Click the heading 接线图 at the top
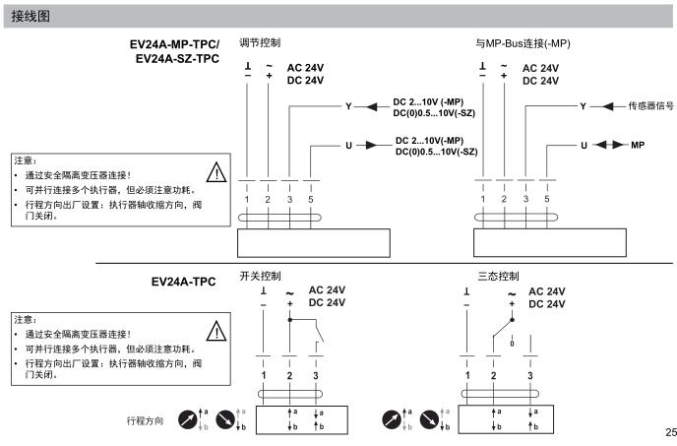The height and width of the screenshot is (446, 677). click(31, 17)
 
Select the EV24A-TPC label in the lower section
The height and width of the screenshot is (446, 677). click(183, 282)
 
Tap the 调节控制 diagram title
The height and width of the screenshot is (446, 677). click(260, 43)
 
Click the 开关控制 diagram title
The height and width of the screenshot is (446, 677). click(260, 277)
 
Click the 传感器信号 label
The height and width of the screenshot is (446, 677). click(650, 105)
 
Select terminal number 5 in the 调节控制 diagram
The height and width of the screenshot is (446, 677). click(311, 199)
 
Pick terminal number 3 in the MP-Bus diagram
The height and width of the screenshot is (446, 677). click(525, 199)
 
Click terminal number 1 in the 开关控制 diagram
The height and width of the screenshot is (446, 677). click(263, 376)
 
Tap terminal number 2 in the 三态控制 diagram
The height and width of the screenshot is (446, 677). click(494, 376)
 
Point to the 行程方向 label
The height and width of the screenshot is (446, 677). click(146, 420)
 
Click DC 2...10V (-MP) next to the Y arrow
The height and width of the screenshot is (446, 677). click(435, 102)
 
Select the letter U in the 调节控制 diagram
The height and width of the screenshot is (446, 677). click(347, 145)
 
